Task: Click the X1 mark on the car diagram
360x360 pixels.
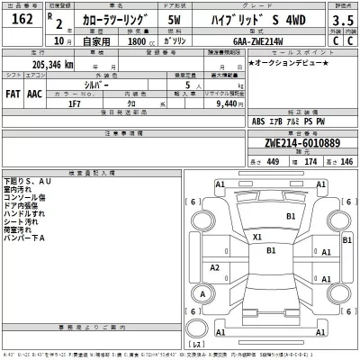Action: [x=257, y=238]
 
